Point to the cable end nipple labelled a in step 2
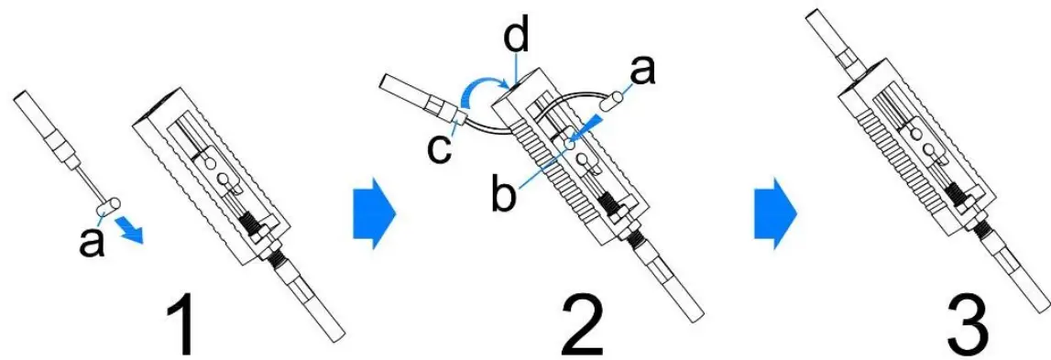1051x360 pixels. click(619, 94)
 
